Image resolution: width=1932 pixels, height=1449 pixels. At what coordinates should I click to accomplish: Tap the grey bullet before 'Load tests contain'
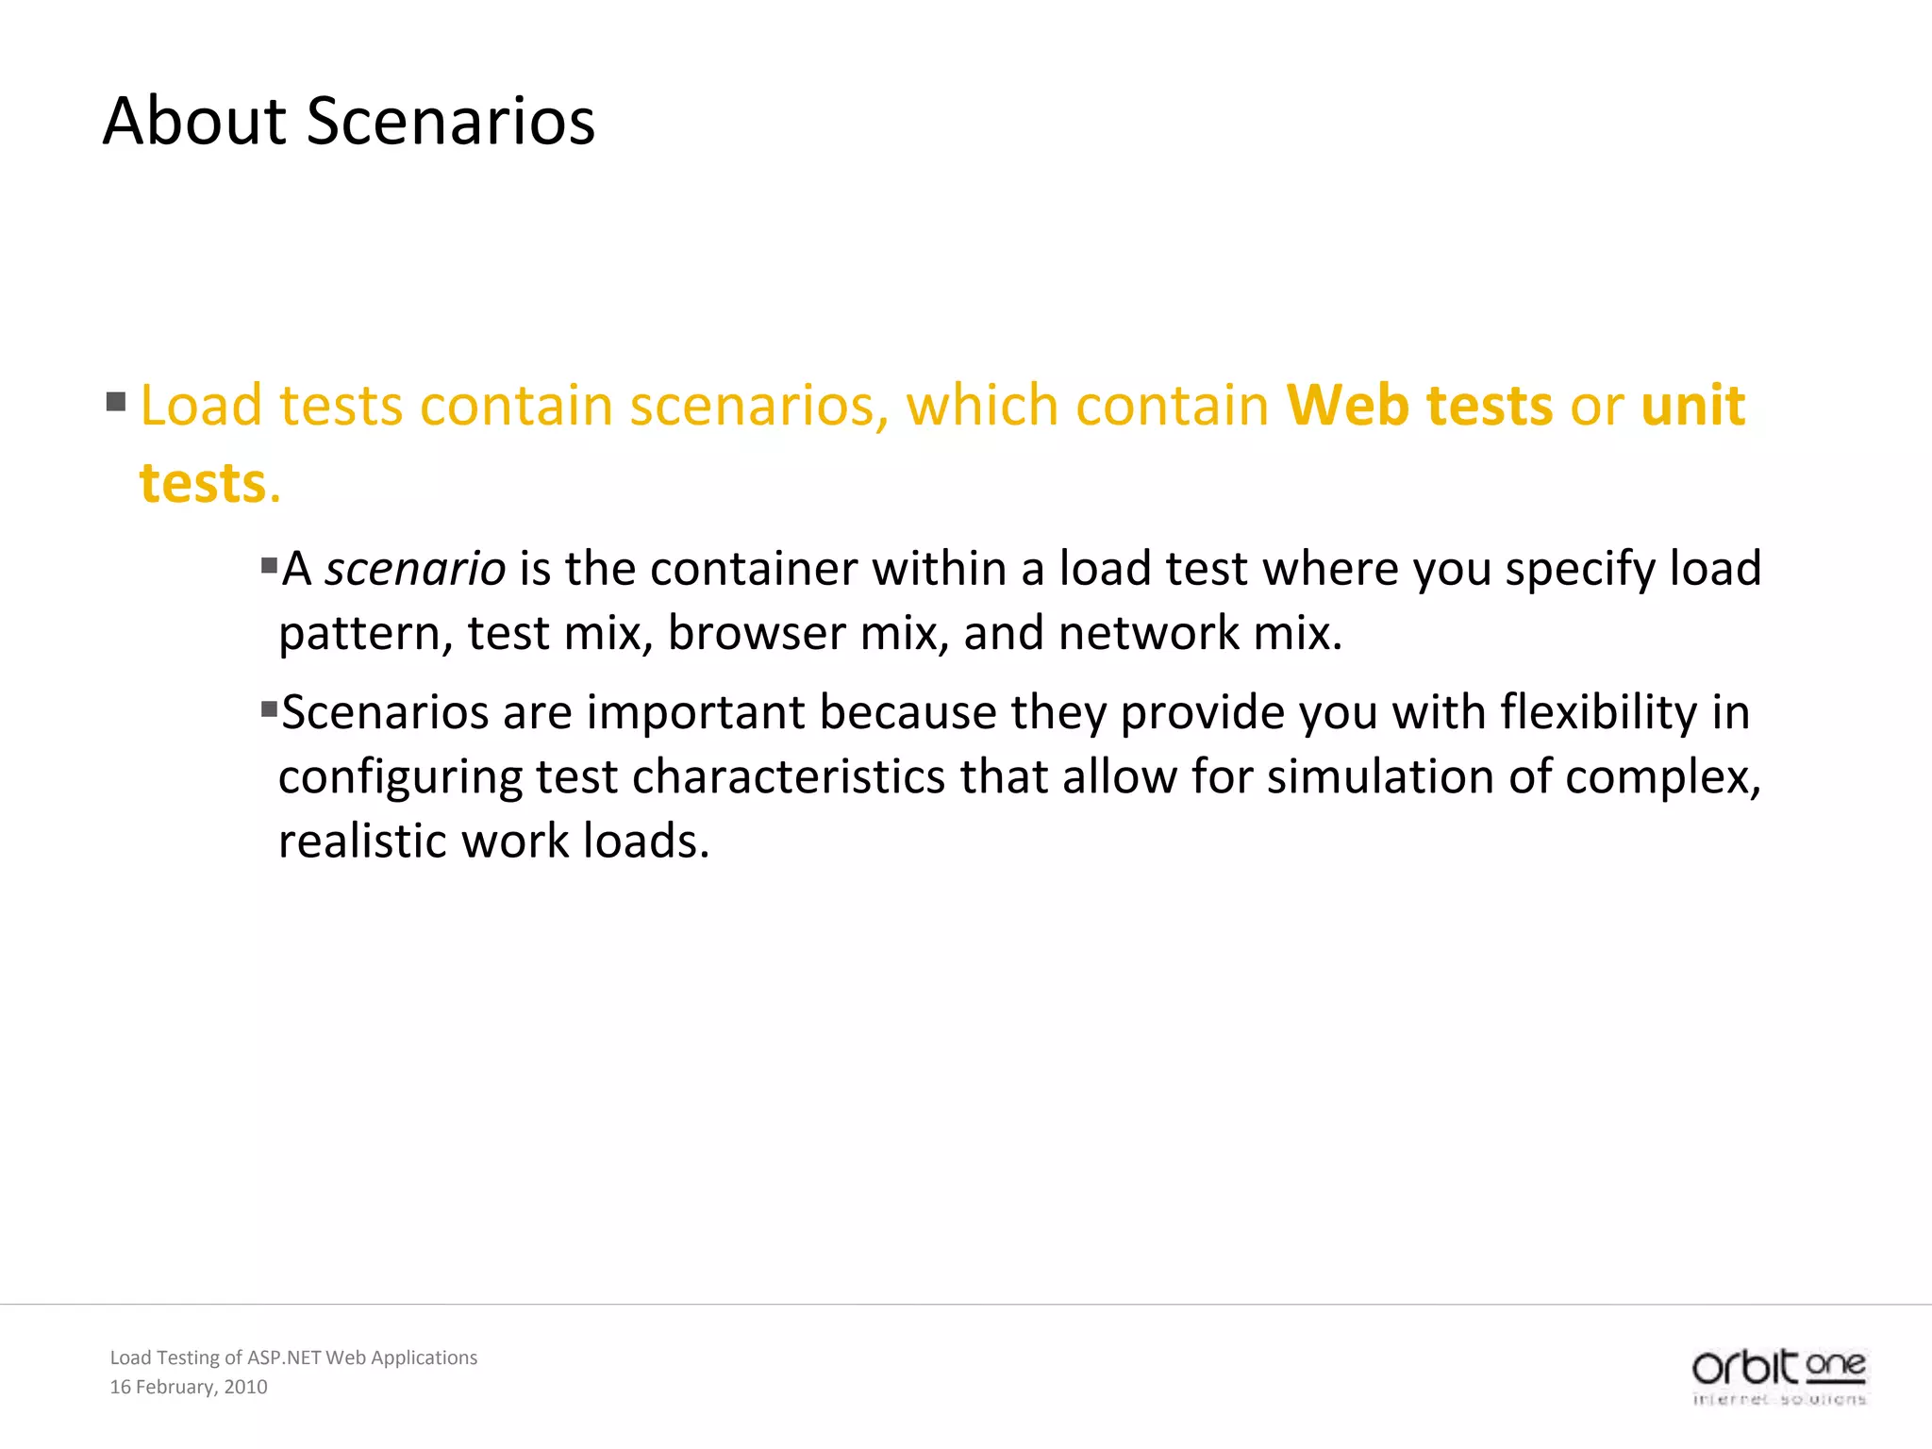(x=116, y=403)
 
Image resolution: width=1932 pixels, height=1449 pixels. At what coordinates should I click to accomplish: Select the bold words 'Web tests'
(x=1420, y=406)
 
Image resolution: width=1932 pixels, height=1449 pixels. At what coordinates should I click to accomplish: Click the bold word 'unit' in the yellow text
(x=1693, y=406)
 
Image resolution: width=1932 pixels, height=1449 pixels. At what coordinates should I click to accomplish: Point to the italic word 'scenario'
(x=415, y=569)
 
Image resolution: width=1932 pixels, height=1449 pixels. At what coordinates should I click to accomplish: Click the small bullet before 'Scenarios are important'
(x=270, y=708)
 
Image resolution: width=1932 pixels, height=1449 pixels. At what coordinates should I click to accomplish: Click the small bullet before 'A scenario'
(x=270, y=565)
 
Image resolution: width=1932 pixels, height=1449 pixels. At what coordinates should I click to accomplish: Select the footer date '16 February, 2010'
(x=189, y=1387)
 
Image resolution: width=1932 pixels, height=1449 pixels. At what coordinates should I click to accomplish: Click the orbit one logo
(x=1778, y=1376)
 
